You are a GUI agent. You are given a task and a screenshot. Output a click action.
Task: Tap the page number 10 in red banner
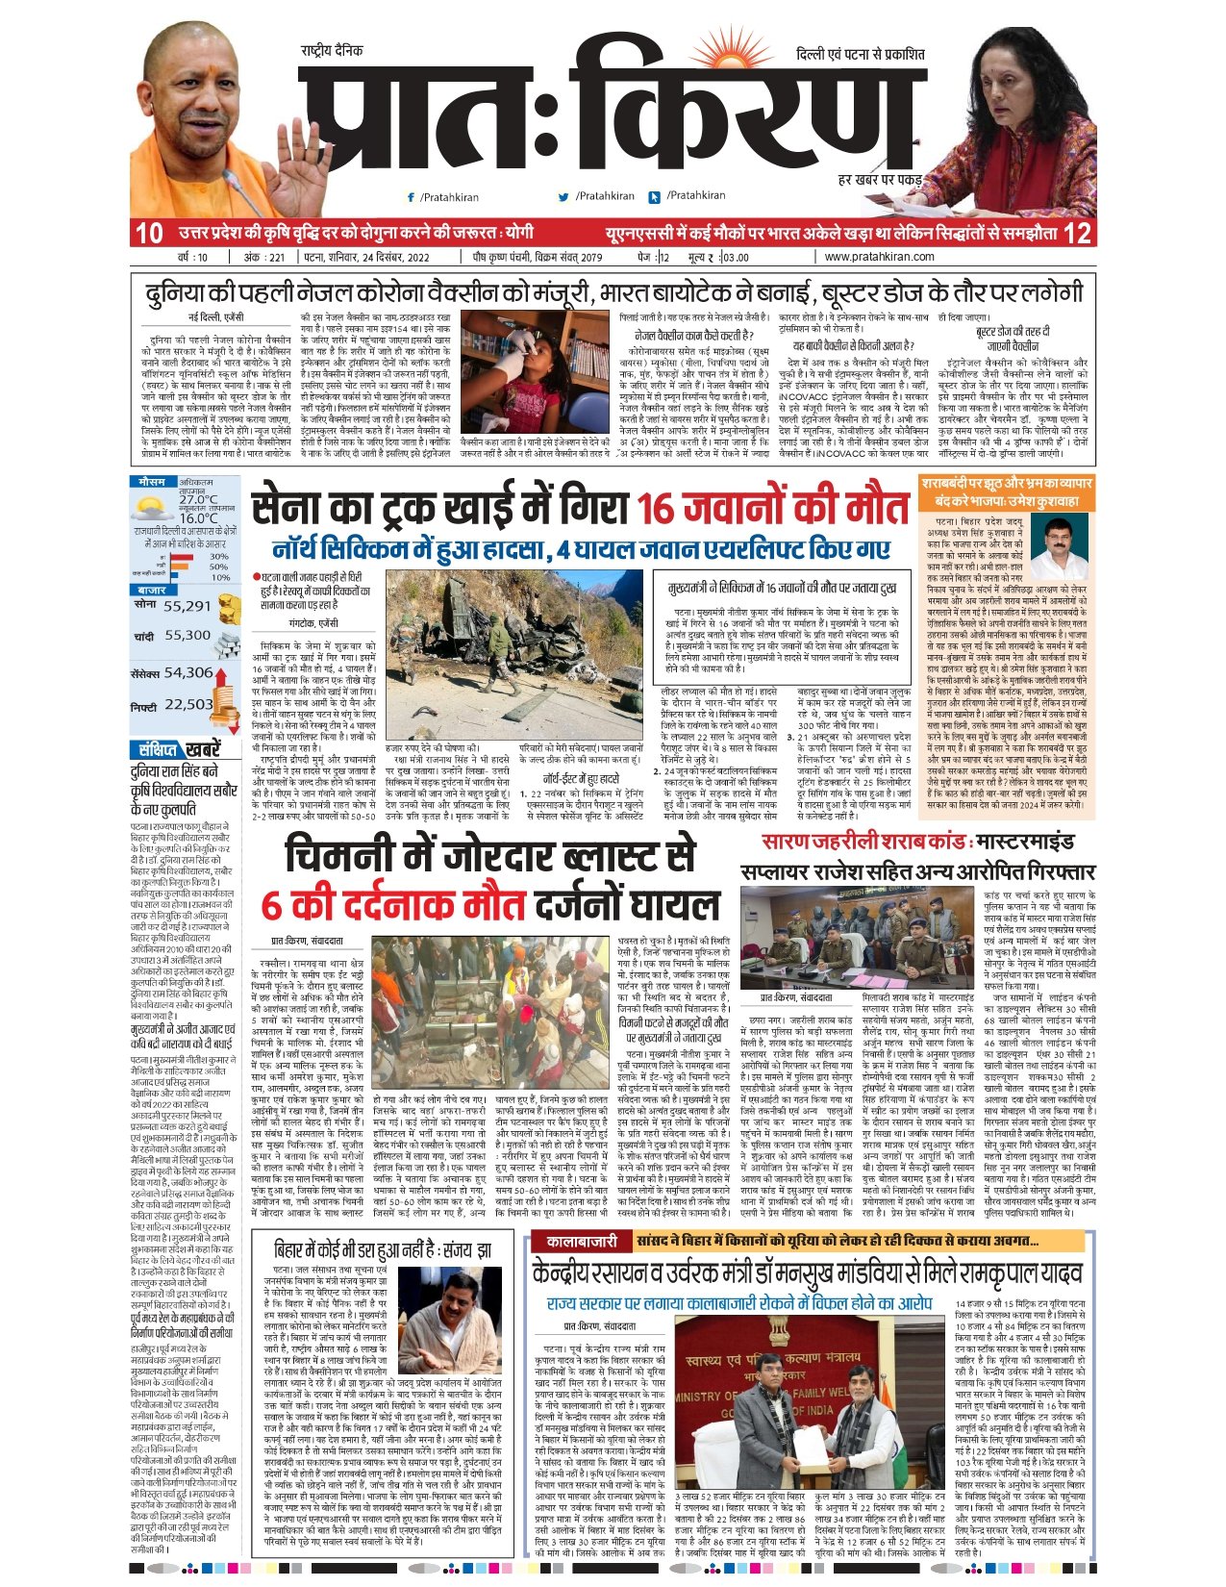[x=149, y=234]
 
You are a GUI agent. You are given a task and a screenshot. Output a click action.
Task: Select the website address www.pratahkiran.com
[x=879, y=257]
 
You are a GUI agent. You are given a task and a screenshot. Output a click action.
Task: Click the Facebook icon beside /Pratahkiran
[x=412, y=197]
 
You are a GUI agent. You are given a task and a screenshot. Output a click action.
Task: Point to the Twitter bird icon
[x=564, y=197]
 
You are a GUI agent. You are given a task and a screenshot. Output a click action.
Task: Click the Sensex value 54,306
[x=188, y=672]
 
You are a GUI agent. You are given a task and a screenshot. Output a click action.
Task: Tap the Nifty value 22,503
[x=188, y=704]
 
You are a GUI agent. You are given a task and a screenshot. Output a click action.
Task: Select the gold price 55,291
[x=187, y=606]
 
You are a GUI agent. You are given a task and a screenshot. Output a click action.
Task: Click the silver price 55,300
[x=188, y=636]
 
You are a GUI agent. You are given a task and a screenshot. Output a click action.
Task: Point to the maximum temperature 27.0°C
[x=198, y=499]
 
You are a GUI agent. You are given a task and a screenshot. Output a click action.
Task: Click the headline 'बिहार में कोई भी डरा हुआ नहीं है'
[x=383, y=1249]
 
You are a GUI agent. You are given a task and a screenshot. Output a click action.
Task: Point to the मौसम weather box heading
[x=152, y=481]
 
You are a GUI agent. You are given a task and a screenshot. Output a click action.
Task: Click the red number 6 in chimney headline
[x=272, y=905]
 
